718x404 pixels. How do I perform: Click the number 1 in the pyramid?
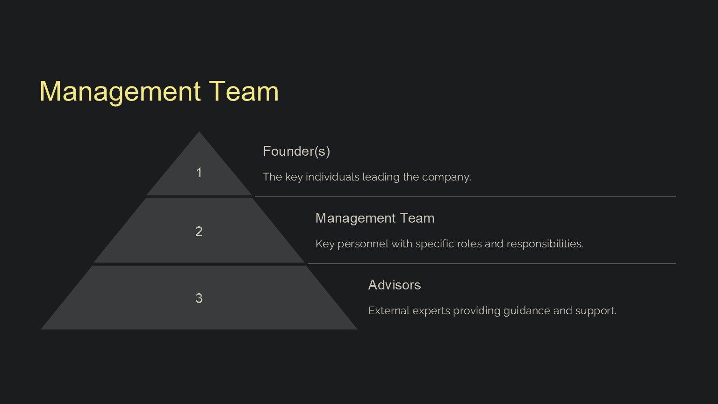199,173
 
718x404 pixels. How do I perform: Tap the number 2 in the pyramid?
199,231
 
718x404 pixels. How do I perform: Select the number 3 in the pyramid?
199,298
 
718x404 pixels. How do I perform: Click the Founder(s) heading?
296,151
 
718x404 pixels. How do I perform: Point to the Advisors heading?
395,285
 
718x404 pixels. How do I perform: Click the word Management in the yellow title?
120,92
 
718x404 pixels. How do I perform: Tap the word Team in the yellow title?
244,91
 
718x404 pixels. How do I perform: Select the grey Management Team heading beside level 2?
375,218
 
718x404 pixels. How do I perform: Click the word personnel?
363,244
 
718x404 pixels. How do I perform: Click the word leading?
381,177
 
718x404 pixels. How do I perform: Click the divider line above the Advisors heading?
491,264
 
